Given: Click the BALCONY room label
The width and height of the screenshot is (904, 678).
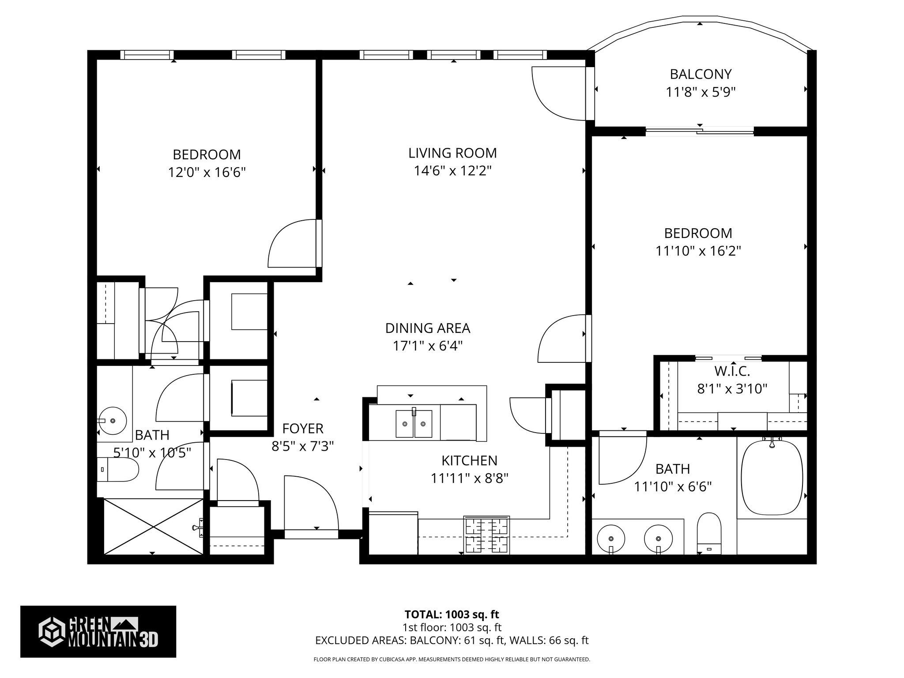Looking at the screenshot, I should (x=701, y=74).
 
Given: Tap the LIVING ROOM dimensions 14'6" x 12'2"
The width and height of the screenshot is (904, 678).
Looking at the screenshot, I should (x=452, y=171).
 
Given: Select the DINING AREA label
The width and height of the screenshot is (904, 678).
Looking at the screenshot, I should (x=427, y=328).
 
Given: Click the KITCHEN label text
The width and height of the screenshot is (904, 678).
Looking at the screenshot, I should (x=469, y=460).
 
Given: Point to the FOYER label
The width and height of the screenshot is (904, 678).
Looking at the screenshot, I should (x=303, y=428).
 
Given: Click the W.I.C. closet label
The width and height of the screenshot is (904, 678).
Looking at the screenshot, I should (x=732, y=371).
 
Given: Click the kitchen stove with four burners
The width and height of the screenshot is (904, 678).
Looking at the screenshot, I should (x=486, y=535).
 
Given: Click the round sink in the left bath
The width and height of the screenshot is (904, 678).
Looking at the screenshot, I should (x=113, y=421).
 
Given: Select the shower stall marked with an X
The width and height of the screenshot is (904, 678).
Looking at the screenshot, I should (x=153, y=526).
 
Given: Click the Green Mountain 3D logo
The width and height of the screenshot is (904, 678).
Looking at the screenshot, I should (x=98, y=632).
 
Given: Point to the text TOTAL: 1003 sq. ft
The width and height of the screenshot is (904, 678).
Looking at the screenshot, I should (x=452, y=614).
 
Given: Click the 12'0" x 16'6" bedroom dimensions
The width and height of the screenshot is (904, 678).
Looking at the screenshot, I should (x=207, y=172).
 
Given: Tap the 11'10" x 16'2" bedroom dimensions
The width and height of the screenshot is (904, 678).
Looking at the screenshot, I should (x=698, y=251).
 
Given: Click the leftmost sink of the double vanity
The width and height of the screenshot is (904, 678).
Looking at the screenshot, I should (x=611, y=539).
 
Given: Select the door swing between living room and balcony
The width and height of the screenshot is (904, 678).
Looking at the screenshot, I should (x=558, y=93).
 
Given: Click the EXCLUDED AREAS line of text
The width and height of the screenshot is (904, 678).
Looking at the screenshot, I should (x=452, y=640).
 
